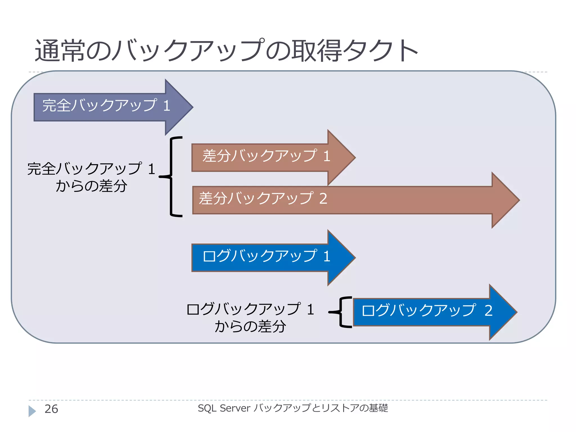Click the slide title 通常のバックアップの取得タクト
[x=226, y=51]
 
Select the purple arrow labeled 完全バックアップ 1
[x=107, y=107]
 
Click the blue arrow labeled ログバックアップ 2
[x=427, y=312]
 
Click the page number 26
[x=51, y=409]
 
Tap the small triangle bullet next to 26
[x=32, y=411]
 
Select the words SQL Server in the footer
[x=224, y=408]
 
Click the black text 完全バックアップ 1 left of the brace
[x=91, y=169]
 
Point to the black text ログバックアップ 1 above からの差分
[x=250, y=309]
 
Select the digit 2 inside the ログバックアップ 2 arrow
[x=489, y=311]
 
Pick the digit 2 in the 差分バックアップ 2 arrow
[x=323, y=199]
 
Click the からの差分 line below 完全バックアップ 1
[x=91, y=186]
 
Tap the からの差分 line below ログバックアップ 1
[x=250, y=327]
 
